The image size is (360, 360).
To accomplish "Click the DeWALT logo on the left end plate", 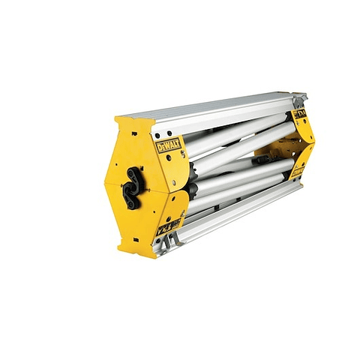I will point(169,144).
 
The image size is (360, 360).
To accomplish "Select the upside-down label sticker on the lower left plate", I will point(168,225).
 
